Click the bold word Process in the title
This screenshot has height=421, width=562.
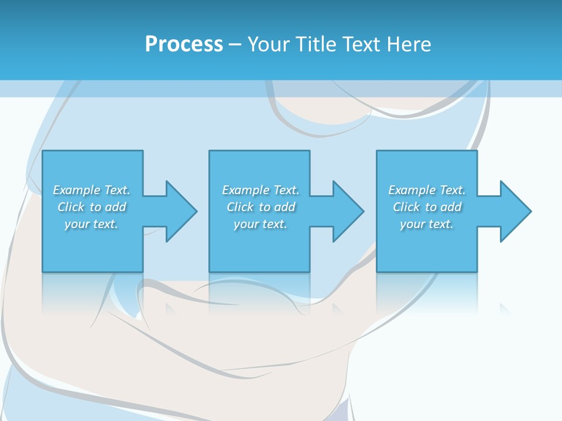pos(184,44)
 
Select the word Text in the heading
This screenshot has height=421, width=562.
pos(362,44)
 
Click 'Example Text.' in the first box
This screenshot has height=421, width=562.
pos(91,190)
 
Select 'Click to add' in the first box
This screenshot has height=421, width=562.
pos(91,207)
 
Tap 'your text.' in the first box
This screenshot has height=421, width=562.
pos(91,224)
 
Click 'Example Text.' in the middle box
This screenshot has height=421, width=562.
pos(261,190)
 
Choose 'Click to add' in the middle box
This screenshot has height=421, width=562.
pos(261,207)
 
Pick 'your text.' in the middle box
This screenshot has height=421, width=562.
pos(261,224)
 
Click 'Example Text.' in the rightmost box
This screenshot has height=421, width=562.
pos(427,190)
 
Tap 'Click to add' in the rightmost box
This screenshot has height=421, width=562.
pos(427,207)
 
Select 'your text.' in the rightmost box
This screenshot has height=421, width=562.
pos(427,224)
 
